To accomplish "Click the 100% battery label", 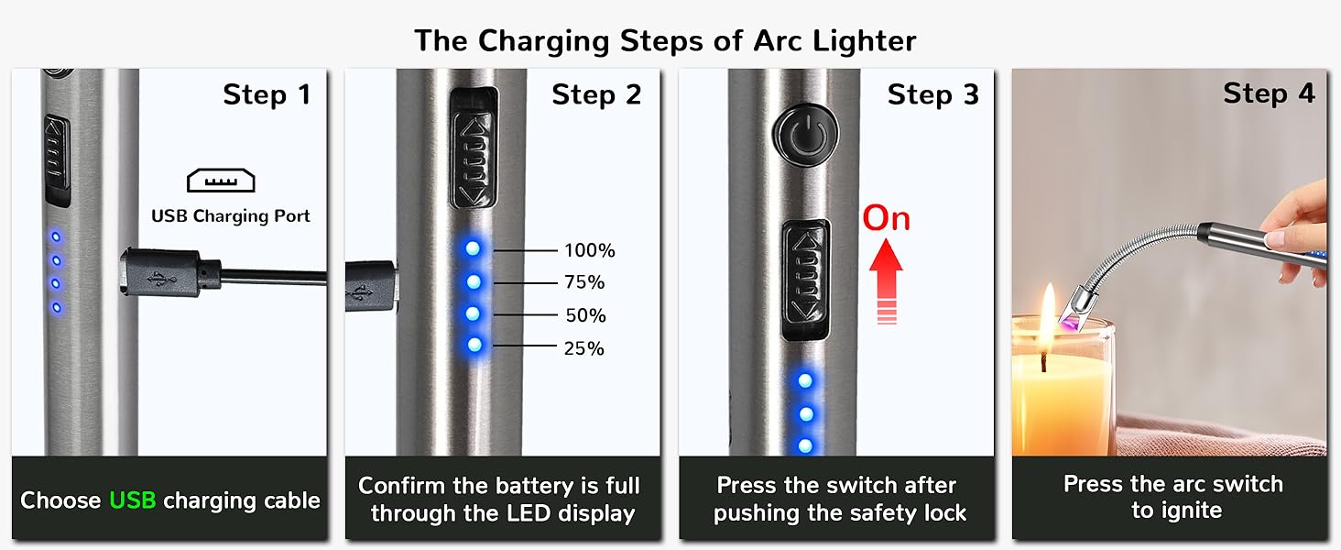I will (589, 250).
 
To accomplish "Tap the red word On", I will (886, 218).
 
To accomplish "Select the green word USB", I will (132, 500).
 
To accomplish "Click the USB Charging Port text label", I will (231, 216).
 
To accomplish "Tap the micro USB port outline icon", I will (221, 180).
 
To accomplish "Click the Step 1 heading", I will (267, 94).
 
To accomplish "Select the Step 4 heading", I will (1269, 93).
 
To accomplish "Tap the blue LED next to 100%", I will (473, 248).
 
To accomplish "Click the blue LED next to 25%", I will (474, 346).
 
